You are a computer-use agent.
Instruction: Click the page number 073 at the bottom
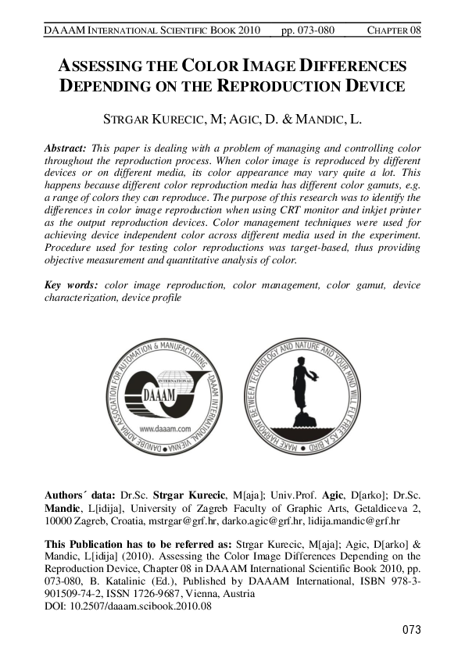(411, 630)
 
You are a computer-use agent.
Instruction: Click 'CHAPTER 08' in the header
(394, 30)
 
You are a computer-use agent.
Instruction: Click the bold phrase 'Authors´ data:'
(79, 495)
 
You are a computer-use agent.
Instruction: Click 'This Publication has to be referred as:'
(138, 544)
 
